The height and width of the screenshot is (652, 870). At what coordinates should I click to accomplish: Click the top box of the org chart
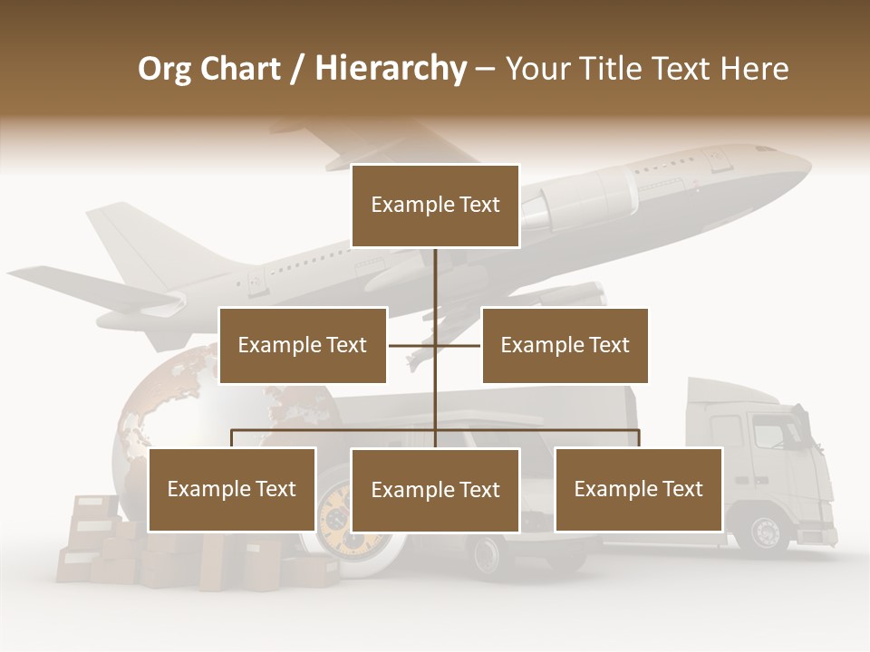[435, 206]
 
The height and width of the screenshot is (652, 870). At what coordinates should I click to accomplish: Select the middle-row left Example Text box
[303, 345]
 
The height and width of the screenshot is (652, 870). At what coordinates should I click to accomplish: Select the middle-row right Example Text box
[565, 345]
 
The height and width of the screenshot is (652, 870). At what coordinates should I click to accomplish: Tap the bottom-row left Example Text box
[232, 489]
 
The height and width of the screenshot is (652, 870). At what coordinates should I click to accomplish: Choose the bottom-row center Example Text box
[435, 490]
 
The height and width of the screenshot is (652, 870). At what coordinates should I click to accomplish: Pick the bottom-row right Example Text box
[638, 489]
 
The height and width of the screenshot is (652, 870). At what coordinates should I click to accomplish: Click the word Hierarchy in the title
[390, 68]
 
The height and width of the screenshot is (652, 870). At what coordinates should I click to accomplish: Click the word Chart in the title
[241, 68]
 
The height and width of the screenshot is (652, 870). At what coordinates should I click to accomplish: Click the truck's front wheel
[766, 532]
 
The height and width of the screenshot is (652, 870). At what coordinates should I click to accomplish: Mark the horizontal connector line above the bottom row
[362, 430]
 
